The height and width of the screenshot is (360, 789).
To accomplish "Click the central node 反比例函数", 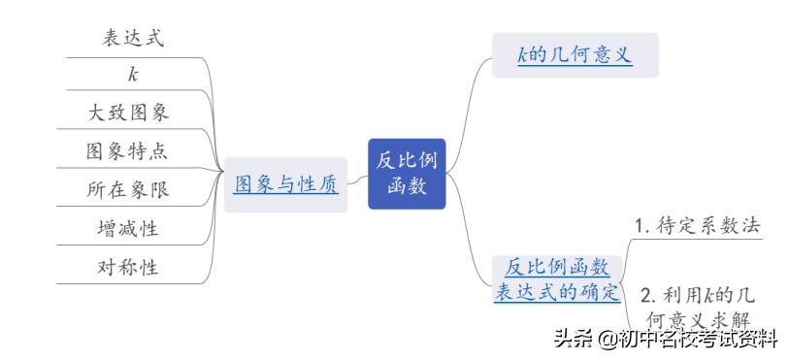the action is coord(406,173).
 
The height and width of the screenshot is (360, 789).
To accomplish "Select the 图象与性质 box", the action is coord(285,184).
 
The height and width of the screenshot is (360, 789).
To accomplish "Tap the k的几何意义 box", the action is coord(575,55).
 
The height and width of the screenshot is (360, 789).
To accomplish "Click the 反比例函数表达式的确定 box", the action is coord(557,279).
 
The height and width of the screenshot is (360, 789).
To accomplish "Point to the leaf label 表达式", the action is coord(133,38).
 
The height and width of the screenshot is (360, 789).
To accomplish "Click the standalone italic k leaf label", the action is coord(133,75).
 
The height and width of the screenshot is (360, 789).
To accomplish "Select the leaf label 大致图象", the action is coord(128,113).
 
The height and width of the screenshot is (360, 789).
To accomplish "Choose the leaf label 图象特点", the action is coord(128,151).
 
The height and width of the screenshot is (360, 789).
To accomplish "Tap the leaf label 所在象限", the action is coord(128,190).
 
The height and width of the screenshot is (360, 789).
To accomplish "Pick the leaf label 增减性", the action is coord(128,229).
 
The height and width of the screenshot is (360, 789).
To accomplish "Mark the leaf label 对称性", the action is coord(128,267).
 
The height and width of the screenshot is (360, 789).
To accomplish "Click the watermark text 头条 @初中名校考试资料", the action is coord(666,340).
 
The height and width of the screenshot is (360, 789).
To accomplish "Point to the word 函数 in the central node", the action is coord(406,186).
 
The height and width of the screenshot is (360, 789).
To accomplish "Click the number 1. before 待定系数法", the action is coord(641,225).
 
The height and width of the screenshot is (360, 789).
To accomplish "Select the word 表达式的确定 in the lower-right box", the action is coord(557,291).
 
